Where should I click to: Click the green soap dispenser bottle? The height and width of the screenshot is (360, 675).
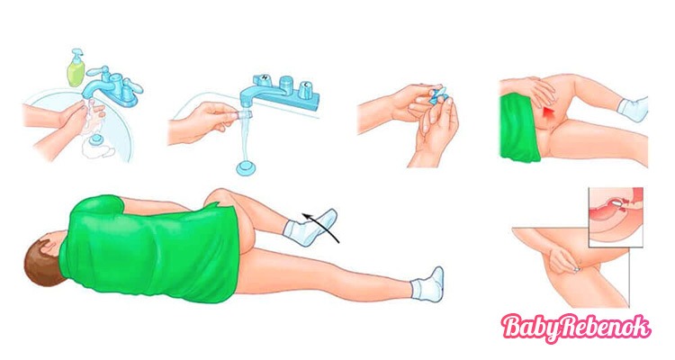[x=76, y=68]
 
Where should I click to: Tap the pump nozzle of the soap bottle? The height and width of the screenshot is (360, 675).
[x=76, y=52]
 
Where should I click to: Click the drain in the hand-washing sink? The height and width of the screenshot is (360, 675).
[x=95, y=139]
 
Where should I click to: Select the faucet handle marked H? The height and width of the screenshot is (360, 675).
[x=262, y=80]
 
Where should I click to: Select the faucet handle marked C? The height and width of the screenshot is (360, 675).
[x=306, y=87]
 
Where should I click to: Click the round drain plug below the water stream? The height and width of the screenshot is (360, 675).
[x=247, y=167]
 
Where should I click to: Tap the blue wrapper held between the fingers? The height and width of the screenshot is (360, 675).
[x=439, y=94]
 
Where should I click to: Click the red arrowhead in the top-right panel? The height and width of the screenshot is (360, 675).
[x=548, y=113]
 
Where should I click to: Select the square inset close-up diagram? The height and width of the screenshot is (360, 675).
[x=616, y=217]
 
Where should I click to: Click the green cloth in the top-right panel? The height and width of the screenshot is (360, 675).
[x=518, y=128]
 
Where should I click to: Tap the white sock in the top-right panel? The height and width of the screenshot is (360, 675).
[x=633, y=110]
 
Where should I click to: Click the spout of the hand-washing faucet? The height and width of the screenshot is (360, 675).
[x=95, y=86]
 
